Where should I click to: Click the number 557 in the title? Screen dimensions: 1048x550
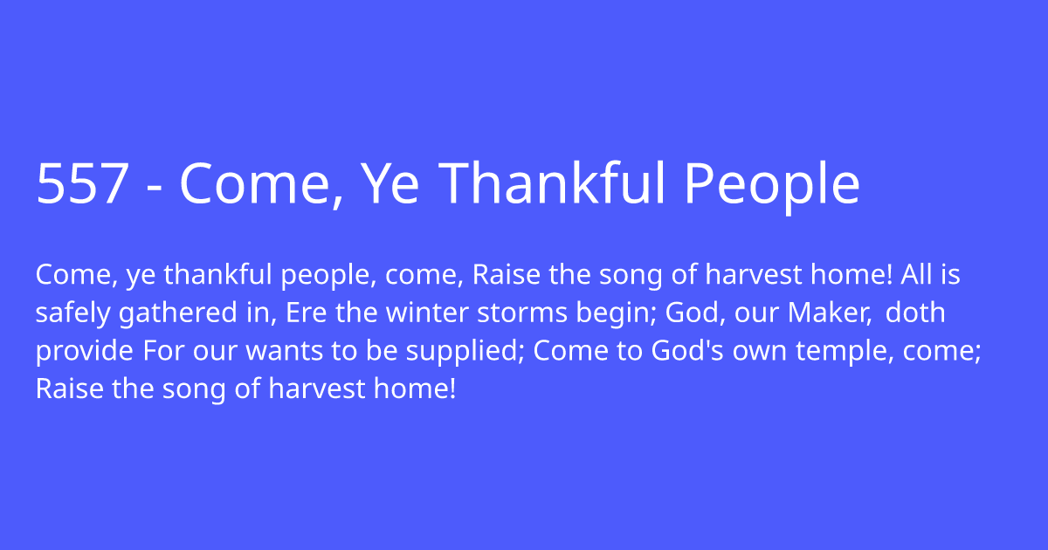click(83, 182)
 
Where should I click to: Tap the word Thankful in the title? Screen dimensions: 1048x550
click(551, 182)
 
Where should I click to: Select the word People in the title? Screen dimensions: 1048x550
click(772, 187)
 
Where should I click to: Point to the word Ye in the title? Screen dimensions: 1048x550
click(390, 182)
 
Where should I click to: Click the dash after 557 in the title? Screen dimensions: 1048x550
click(155, 188)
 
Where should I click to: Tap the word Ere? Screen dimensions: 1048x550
click(306, 313)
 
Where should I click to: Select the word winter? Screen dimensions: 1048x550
click(427, 312)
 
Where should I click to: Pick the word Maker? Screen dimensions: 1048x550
click(827, 313)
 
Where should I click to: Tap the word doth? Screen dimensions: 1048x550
click(915, 312)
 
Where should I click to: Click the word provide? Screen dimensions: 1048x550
click(85, 352)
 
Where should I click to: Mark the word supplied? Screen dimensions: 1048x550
click(462, 352)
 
